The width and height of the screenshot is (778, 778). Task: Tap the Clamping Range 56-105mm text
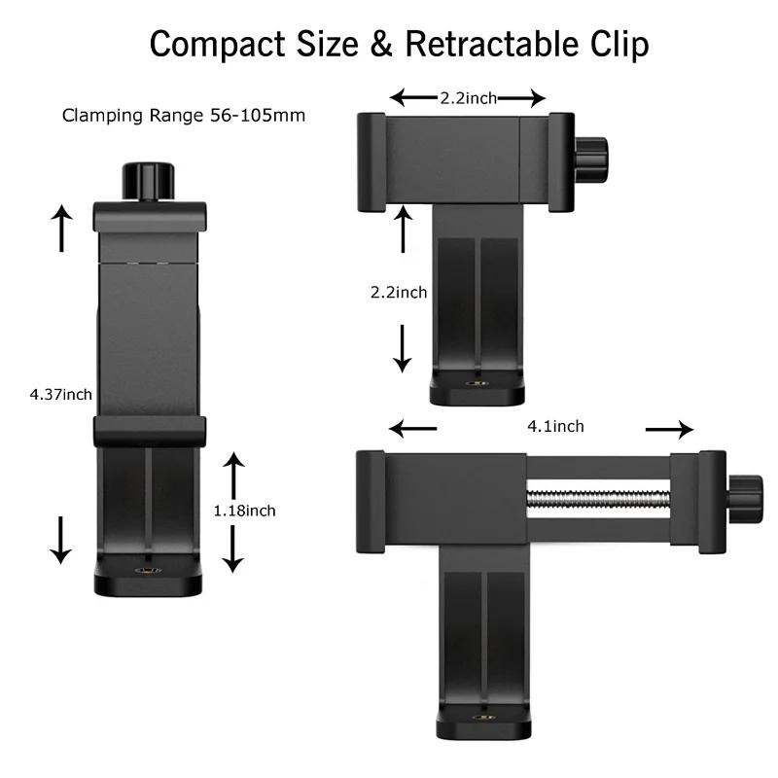[184, 116]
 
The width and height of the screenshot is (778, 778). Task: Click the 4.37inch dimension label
[61, 394]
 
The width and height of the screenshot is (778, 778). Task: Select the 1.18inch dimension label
[245, 511]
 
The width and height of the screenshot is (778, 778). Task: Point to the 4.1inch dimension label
[555, 426]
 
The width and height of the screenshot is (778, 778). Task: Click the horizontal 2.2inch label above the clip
[469, 98]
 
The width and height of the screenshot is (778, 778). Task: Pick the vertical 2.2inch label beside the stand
[399, 292]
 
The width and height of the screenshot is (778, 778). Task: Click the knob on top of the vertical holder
[148, 182]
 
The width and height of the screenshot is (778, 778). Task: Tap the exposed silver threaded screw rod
[598, 500]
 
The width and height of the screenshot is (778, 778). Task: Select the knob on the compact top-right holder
[589, 160]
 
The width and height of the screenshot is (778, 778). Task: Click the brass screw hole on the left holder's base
[148, 573]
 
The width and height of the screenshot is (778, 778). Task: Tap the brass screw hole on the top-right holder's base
[477, 385]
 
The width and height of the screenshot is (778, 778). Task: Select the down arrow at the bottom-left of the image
[61, 539]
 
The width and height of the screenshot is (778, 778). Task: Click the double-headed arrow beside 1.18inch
[231, 511]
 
